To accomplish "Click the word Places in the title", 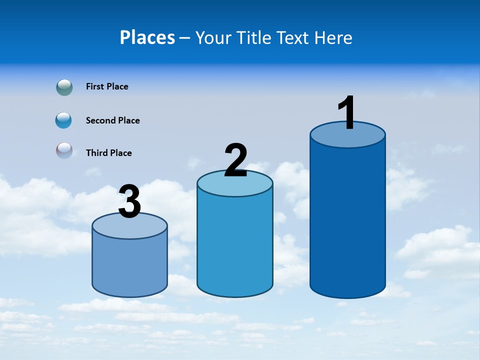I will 147,37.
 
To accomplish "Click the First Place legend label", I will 107,86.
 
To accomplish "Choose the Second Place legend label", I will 112,120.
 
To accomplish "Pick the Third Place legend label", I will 108,153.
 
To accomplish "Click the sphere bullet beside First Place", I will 64,87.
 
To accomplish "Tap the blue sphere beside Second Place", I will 64,120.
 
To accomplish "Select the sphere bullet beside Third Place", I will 64,150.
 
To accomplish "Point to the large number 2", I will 236,160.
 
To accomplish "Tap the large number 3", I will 130,201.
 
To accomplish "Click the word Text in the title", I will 295,37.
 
